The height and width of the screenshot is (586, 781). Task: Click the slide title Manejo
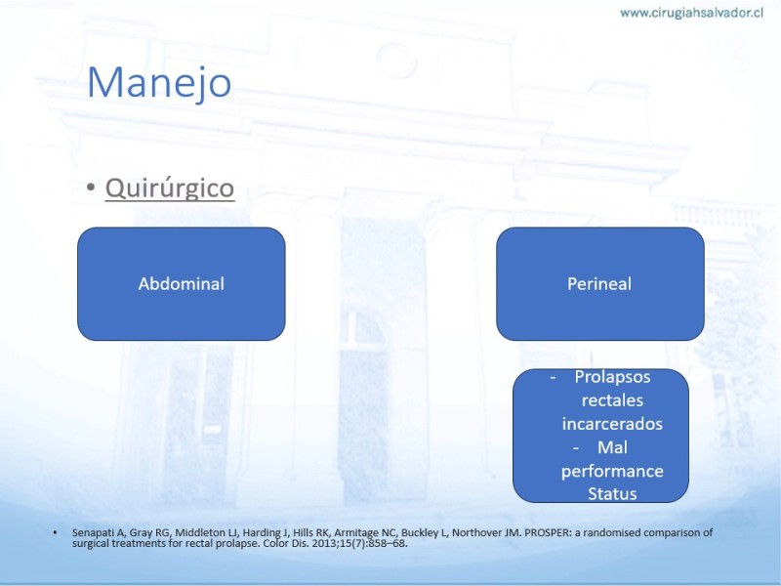point(159,83)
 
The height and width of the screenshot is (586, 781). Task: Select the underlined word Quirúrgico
point(170,188)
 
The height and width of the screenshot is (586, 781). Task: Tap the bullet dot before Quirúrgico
point(90,188)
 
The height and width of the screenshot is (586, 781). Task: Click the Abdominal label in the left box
point(182,284)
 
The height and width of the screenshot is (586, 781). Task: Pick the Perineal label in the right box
point(599,284)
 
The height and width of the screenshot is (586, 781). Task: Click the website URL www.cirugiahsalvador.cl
point(691,13)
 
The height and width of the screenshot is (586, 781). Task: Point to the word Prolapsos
point(612,377)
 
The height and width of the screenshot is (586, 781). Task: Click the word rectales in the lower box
point(612,400)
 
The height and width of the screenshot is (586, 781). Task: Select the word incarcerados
point(612,424)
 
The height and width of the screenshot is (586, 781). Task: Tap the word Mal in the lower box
point(612,447)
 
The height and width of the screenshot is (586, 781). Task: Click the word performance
point(612,472)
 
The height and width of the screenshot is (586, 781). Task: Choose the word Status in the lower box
point(612,494)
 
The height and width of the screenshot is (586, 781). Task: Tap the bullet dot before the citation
point(55,532)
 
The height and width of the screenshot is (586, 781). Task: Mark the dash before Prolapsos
point(553,378)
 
